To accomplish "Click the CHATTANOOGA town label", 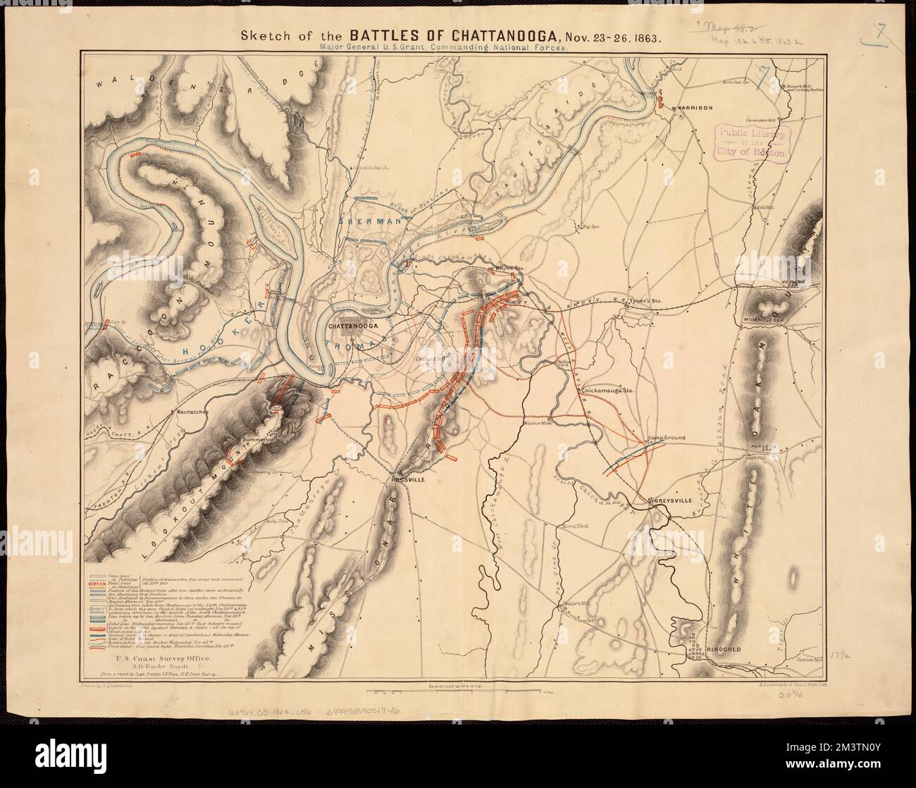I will (x=355, y=326).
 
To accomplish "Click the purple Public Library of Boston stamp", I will (x=751, y=143).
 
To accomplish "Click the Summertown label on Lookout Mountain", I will (x=260, y=442).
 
